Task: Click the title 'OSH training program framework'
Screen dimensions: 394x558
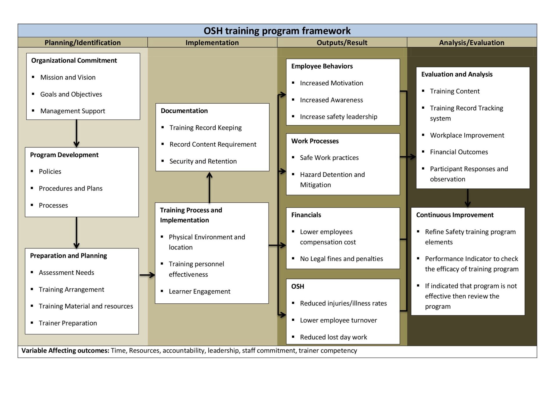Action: [277, 31]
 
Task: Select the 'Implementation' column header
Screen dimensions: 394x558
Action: [212, 43]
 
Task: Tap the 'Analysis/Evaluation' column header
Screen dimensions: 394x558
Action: [471, 43]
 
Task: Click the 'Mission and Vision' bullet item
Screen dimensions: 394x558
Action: [68, 78]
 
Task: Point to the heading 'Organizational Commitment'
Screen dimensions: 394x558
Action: [74, 60]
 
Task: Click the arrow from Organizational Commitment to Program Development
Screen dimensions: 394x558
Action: [76, 133]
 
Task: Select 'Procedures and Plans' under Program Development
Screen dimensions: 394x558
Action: [71, 188]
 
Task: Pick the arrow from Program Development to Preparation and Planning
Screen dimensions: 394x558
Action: [76, 233]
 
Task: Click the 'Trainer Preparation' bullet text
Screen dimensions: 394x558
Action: [68, 323]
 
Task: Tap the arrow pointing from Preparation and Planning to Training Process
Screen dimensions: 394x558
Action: [147, 275]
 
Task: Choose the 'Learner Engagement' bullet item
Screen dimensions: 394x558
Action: [199, 292]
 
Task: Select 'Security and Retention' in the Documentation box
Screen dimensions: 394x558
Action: [203, 161]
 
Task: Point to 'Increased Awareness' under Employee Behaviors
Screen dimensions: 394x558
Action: [331, 100]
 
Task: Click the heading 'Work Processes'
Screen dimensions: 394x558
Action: [315, 141]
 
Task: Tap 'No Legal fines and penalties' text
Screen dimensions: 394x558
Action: [341, 259]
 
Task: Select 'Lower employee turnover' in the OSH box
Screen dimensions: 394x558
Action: [338, 320]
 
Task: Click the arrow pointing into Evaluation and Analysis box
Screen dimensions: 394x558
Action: [411, 157]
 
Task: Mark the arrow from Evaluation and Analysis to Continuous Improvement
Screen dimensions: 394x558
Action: [467, 198]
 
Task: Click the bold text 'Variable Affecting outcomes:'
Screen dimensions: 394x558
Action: [65, 351]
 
